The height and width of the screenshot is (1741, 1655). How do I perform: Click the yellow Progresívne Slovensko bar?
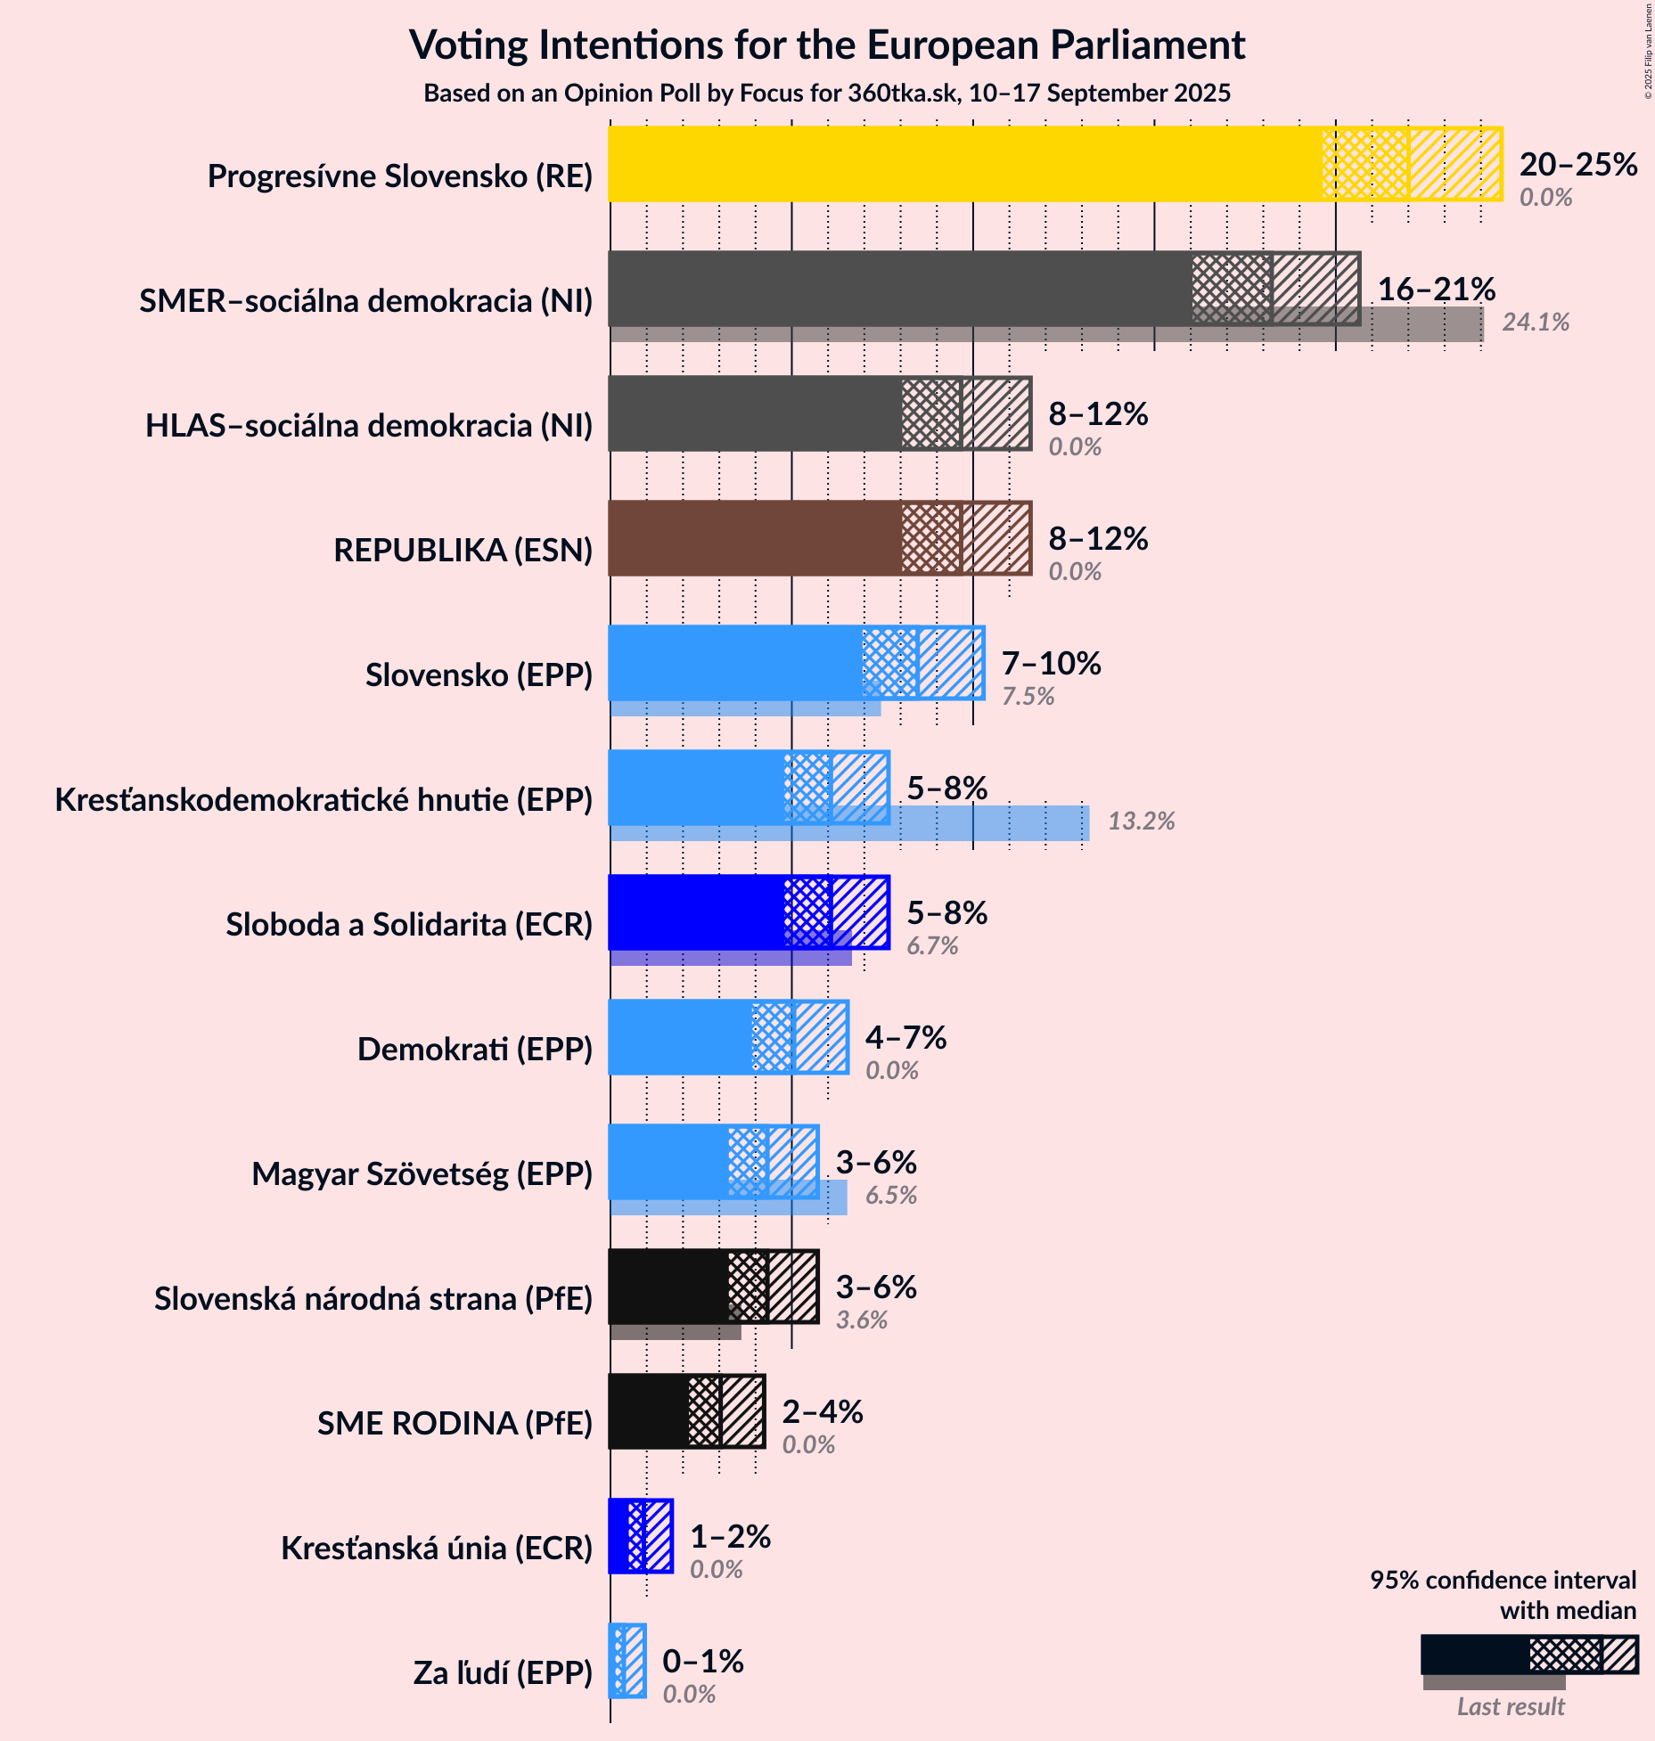click(x=963, y=164)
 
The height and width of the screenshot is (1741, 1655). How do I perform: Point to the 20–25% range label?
click(x=1577, y=164)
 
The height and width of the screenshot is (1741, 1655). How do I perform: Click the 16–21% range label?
click(x=1436, y=289)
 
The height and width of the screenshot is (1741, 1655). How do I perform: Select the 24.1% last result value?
click(x=1536, y=323)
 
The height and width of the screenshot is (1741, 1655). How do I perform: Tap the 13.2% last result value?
click(x=1141, y=821)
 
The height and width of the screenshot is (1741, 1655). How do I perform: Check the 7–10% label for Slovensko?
click(x=1051, y=663)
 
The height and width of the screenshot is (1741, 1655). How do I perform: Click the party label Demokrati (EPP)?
click(x=474, y=1050)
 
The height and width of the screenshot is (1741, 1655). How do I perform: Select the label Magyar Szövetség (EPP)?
click(x=422, y=1174)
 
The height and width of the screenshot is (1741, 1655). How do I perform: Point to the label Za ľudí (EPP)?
click(x=503, y=1673)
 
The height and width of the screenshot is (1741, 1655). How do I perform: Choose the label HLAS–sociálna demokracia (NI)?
click(x=369, y=426)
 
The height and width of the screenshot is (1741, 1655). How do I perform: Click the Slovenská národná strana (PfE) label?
click(x=373, y=1299)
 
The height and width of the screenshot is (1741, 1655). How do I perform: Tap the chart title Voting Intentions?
click(x=826, y=45)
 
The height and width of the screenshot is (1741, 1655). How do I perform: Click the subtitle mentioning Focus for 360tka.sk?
click(x=826, y=94)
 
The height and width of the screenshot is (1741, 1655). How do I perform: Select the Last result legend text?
click(x=1510, y=1707)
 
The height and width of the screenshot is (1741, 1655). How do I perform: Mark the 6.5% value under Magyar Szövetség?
click(x=890, y=1196)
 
